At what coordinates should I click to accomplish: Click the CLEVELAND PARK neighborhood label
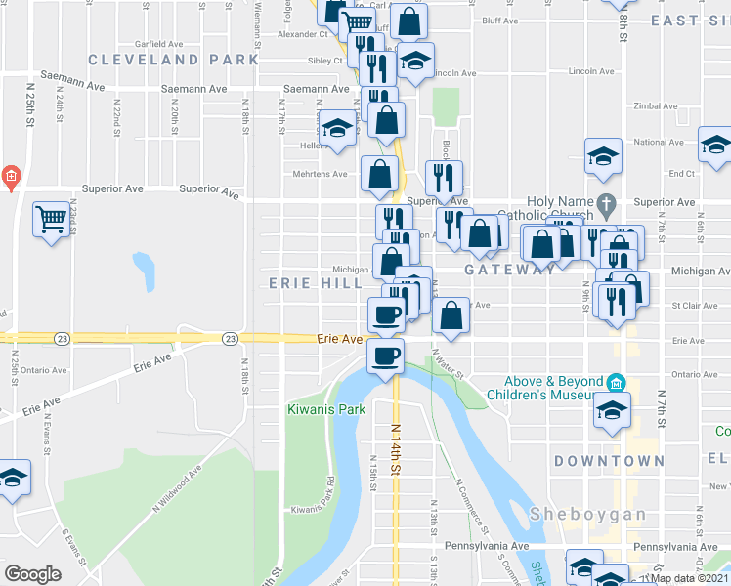[174, 60]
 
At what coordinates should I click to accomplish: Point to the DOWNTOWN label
[609, 460]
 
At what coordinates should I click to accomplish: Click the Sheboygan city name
[588, 514]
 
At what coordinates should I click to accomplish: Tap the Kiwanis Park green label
[325, 409]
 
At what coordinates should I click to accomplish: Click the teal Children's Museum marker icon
[615, 381]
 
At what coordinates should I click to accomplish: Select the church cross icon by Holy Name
[607, 206]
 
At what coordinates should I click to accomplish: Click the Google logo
[32, 574]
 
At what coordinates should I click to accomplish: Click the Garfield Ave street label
[160, 44]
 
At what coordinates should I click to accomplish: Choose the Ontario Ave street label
[43, 371]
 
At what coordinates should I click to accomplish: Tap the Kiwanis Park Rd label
[313, 508]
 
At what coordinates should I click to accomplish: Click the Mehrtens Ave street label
[321, 175]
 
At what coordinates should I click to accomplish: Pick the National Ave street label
[658, 142]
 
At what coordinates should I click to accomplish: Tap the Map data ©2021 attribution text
[690, 578]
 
